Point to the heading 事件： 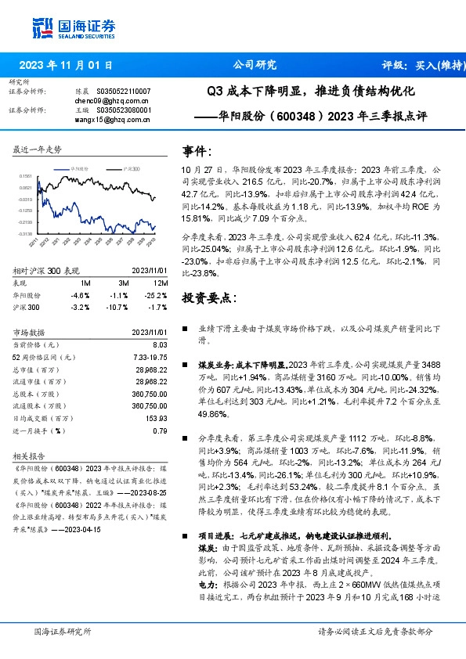click(197, 151)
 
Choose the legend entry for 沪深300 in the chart click(131, 168)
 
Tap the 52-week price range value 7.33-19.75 click(148, 357)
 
